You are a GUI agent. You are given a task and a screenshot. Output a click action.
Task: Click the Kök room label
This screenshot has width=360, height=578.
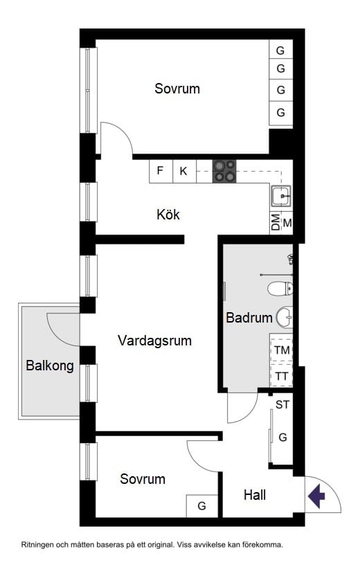click(168, 215)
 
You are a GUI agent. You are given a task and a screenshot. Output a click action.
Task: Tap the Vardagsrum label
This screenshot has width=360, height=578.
click(154, 341)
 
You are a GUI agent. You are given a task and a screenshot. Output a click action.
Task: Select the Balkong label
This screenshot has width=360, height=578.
click(50, 366)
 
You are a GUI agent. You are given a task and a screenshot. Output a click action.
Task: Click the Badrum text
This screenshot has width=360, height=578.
click(249, 318)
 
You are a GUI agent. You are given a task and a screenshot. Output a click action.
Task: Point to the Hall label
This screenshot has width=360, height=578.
click(255, 495)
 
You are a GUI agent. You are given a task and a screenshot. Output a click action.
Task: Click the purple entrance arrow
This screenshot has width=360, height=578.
click(316, 496)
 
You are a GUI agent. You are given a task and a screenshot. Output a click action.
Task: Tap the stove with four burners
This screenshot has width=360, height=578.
click(224, 171)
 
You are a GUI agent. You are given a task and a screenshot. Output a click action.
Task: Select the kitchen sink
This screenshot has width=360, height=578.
click(282, 197)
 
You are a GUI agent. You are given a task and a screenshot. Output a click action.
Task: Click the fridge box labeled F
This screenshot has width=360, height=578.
click(161, 171)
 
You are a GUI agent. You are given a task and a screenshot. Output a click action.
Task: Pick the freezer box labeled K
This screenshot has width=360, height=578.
click(183, 171)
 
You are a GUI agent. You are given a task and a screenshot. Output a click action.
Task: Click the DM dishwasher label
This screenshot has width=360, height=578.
click(276, 223)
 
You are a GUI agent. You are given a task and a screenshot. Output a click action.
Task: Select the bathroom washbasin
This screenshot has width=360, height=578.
click(285, 318)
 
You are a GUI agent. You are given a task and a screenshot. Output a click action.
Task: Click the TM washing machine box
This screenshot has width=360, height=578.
click(282, 351)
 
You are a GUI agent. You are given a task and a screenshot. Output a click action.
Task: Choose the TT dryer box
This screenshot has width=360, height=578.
click(282, 376)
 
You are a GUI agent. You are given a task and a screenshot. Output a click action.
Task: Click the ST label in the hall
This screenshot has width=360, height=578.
click(282, 405)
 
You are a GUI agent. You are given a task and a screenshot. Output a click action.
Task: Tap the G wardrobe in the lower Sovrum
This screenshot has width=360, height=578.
click(202, 506)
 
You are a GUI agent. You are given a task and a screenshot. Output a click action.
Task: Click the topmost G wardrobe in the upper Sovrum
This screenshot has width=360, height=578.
click(280, 51)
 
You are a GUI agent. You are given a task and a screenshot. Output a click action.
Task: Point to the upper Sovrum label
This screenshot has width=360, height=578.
click(177, 89)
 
